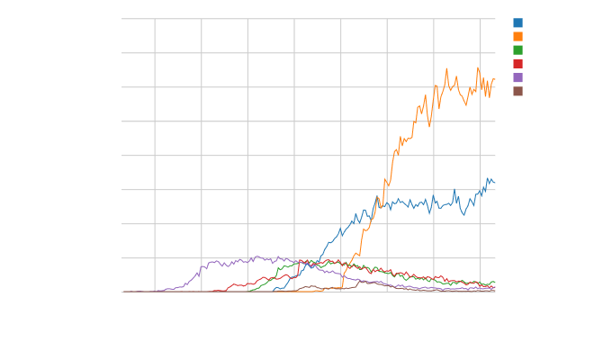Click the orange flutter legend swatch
click(517, 32)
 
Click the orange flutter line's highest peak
click(478, 67)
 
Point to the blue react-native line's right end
click(495, 183)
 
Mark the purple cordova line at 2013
click(225, 262)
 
